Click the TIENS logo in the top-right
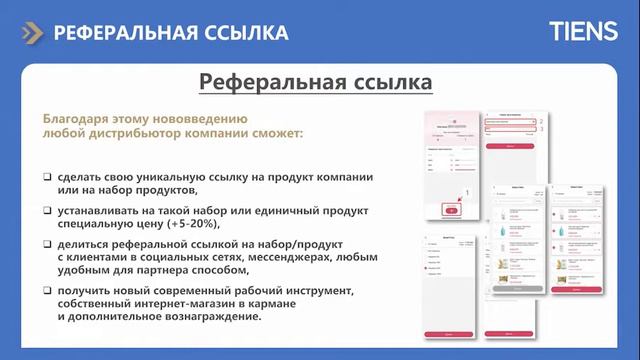tap(583, 32)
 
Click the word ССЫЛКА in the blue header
tap(243, 33)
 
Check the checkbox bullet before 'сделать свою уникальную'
tap(47, 176)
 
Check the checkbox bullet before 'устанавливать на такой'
tap(47, 210)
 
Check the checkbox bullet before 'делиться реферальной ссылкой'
tap(47, 244)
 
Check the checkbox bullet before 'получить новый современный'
tap(47, 290)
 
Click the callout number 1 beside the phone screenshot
tap(468, 191)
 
